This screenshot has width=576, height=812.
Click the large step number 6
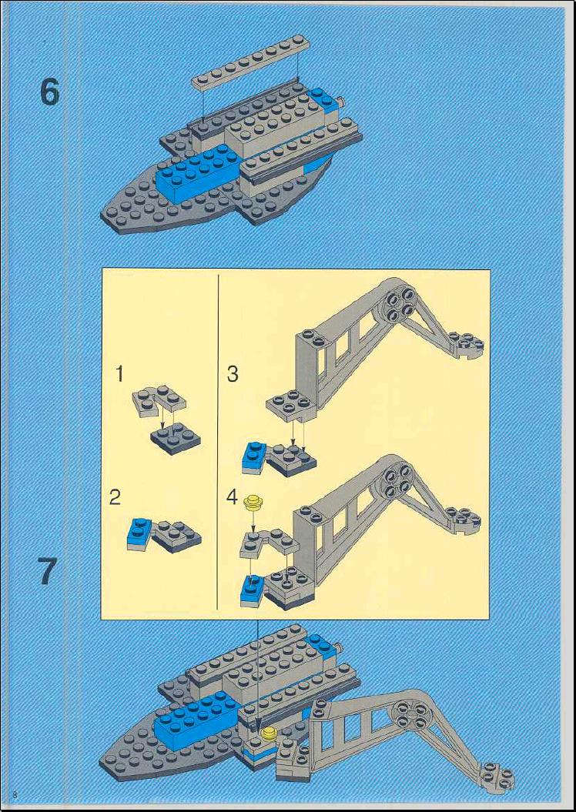point(50,92)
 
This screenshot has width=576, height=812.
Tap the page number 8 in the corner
point(15,794)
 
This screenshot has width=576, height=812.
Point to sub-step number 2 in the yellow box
point(115,497)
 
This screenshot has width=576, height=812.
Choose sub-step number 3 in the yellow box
point(233,373)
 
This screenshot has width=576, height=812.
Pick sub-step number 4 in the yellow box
point(232,498)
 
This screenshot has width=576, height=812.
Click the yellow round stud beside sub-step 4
point(254,502)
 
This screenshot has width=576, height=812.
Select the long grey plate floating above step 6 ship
point(251,62)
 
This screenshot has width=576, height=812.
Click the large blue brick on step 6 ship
point(199,172)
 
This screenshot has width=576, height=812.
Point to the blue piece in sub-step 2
point(139,533)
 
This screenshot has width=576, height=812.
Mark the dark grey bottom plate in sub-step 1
point(176,439)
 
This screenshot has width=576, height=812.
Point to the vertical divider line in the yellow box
point(219,443)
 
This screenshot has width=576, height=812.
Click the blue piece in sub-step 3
point(254,458)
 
